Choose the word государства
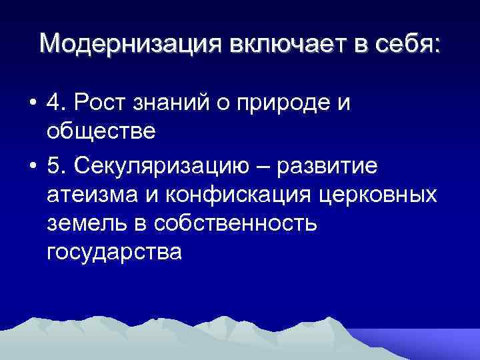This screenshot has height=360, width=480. coord(113,253)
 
